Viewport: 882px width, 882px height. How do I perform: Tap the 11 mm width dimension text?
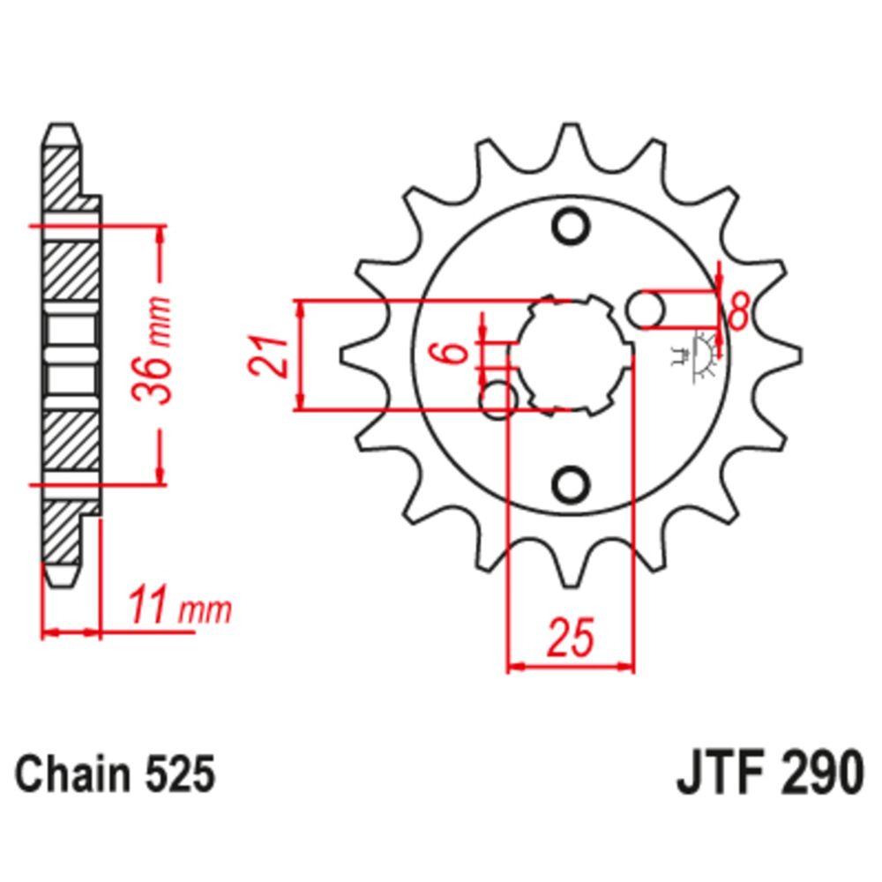180,608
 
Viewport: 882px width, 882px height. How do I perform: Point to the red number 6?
453,354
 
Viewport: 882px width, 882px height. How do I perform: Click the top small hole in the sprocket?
570,226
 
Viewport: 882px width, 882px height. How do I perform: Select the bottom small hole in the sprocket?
570,482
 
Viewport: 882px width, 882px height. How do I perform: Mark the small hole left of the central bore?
498,400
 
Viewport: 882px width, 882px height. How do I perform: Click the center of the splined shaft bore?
571,354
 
